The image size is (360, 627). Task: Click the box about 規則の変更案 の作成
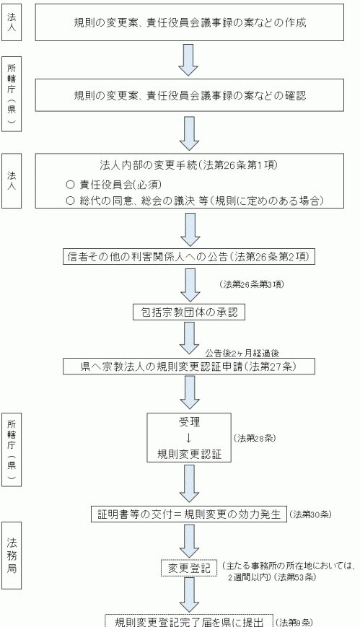(x=189, y=22)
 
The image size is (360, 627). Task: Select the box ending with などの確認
(x=189, y=95)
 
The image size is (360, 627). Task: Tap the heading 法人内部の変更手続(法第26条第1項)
(x=188, y=165)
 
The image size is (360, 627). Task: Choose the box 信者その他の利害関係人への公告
(x=189, y=257)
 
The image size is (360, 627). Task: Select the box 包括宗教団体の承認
(x=189, y=312)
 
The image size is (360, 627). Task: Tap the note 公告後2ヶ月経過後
(x=242, y=353)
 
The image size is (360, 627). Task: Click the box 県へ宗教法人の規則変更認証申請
(x=189, y=367)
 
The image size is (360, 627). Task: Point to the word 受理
(x=189, y=422)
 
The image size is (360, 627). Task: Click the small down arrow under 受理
(x=189, y=438)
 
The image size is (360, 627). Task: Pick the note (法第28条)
(x=255, y=438)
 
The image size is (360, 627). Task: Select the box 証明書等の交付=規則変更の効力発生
(x=189, y=514)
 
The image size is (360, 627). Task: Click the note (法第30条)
(x=310, y=514)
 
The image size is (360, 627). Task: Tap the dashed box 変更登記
(x=189, y=568)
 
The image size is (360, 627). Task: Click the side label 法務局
(x=12, y=555)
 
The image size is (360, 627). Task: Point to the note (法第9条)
(x=294, y=622)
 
